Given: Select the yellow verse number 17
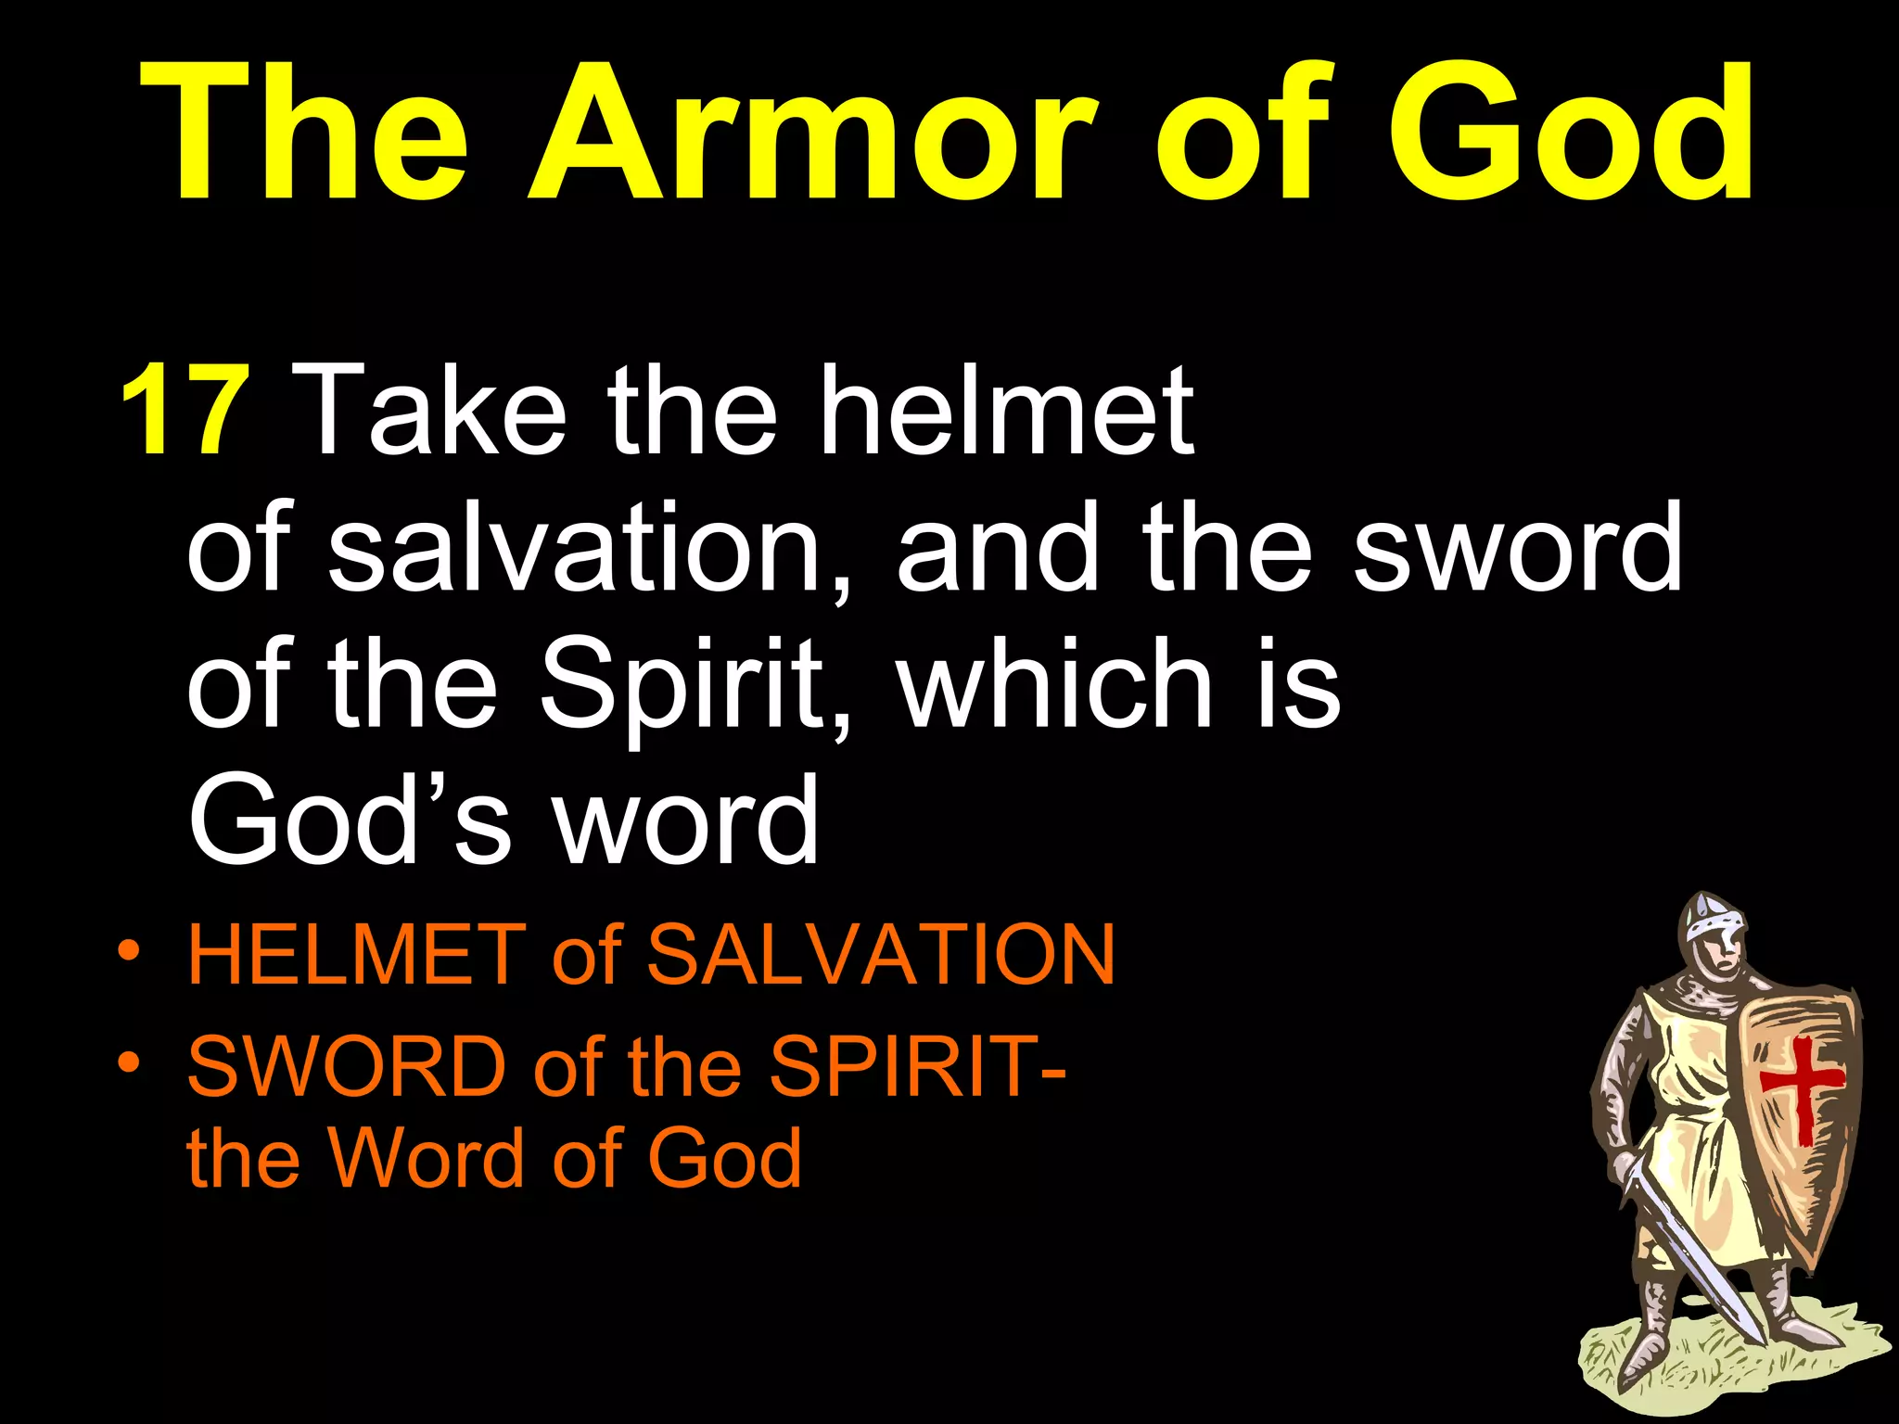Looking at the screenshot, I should point(185,410).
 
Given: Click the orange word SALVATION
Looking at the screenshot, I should point(881,955).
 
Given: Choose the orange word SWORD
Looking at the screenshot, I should point(347,1066).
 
